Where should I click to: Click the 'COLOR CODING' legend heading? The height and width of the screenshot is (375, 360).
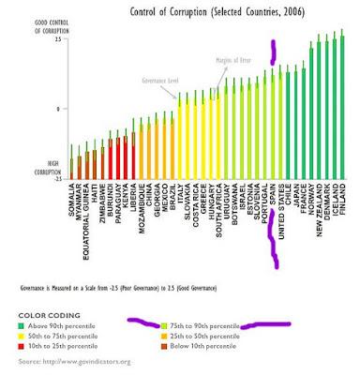47,314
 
